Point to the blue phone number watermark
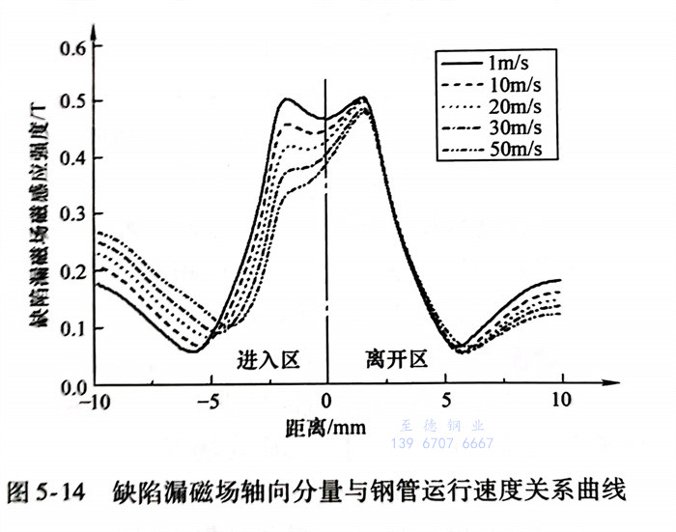click(x=440, y=444)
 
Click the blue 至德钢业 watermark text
click(x=440, y=426)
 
